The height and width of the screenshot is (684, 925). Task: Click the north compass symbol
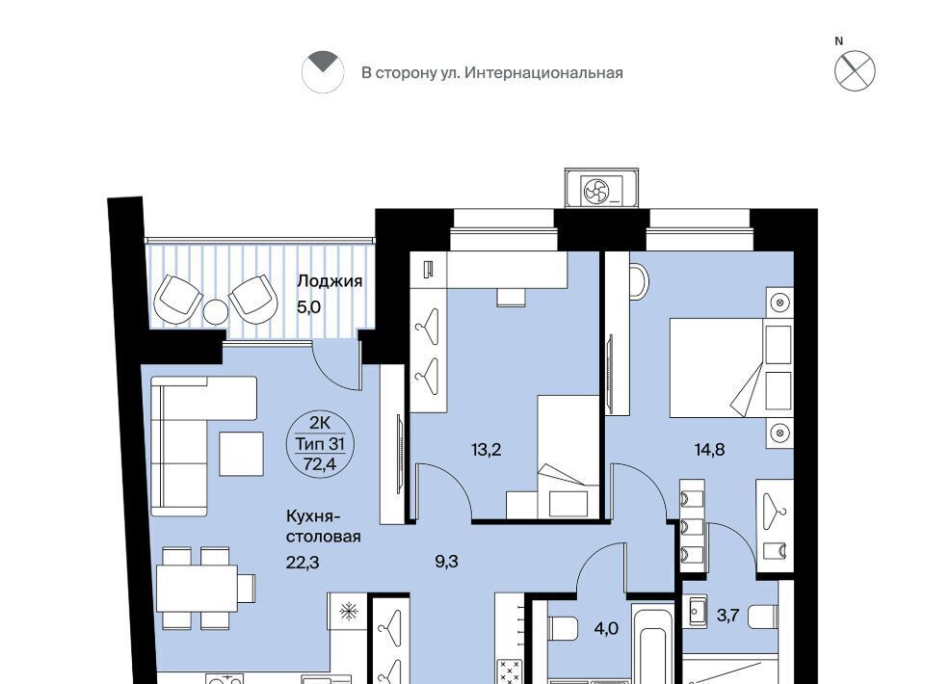click(x=855, y=70)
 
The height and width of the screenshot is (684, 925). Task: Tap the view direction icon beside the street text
click(x=323, y=72)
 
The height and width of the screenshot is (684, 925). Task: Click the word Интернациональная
click(x=543, y=73)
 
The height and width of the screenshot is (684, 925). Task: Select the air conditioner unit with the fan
click(x=601, y=189)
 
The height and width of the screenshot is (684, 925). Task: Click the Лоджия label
click(x=330, y=281)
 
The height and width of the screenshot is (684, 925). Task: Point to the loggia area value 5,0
click(x=308, y=307)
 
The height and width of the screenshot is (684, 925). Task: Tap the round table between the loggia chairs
click(x=215, y=312)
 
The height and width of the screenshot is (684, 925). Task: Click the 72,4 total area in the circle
click(x=320, y=464)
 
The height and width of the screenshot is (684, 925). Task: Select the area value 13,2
click(x=486, y=451)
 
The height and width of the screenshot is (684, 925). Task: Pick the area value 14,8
click(x=710, y=450)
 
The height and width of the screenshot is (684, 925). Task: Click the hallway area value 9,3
click(x=446, y=562)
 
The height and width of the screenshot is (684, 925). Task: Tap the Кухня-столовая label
click(x=324, y=527)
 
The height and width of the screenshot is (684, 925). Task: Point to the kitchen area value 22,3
click(x=303, y=563)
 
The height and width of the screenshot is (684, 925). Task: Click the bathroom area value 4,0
click(x=606, y=628)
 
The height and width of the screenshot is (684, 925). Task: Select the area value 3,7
click(x=728, y=617)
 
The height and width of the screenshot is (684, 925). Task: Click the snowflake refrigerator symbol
click(x=349, y=611)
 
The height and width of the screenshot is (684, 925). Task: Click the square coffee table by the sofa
click(x=241, y=454)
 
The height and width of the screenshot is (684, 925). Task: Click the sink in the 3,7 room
click(x=698, y=611)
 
